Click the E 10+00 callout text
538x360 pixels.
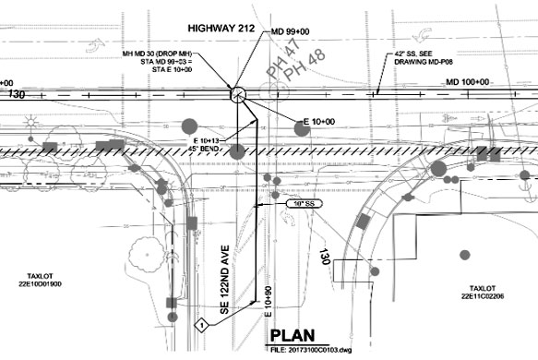click(318, 122)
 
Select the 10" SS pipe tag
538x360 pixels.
click(298, 201)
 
